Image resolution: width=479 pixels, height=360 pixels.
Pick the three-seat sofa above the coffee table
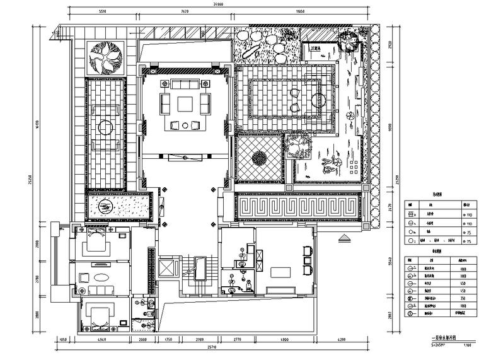coord(184,84)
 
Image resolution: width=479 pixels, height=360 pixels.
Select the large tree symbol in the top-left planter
coord(105,58)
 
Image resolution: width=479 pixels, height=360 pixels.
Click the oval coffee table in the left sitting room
coord(100,278)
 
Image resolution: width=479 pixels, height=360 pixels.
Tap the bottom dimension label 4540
coord(101,342)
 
